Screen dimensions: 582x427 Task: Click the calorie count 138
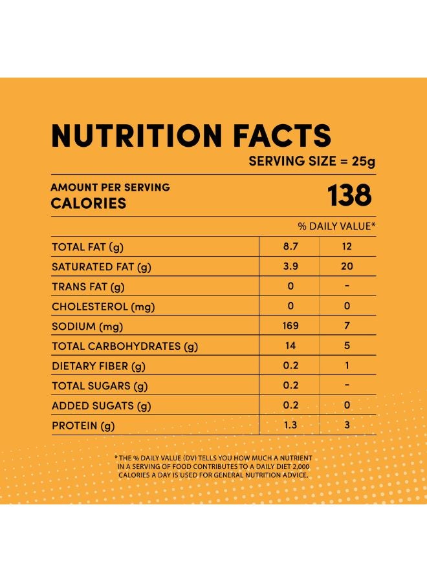click(350, 196)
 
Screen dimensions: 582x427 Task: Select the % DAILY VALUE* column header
click(336, 226)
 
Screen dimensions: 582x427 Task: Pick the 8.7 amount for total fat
click(290, 246)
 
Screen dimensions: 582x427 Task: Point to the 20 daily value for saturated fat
click(347, 266)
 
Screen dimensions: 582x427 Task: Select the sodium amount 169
click(290, 326)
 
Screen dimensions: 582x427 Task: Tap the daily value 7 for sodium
click(347, 326)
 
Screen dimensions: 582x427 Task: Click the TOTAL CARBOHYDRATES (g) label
click(124, 347)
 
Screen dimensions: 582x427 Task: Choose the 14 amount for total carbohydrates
click(290, 346)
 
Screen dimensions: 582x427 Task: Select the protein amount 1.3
click(290, 426)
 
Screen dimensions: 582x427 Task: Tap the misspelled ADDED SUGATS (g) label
click(101, 406)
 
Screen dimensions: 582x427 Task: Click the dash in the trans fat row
click(347, 286)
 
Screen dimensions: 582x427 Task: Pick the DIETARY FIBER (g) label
click(98, 367)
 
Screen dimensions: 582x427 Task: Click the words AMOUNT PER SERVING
click(110, 187)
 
